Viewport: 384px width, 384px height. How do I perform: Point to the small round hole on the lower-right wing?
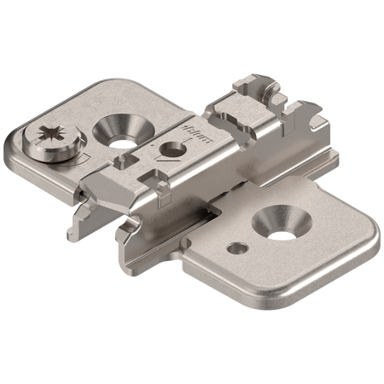pyautogui.click(x=236, y=248)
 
